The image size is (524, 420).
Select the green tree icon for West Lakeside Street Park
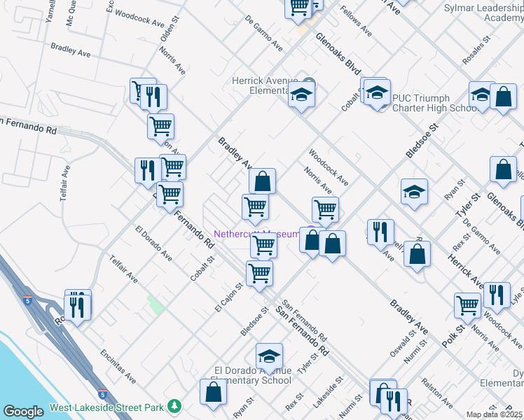[174, 406]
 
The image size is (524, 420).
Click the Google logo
[23, 412]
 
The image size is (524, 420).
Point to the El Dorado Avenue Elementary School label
[252, 375]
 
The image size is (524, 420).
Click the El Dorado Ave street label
[153, 243]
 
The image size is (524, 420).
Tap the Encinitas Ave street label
[118, 366]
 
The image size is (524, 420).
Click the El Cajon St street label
[229, 297]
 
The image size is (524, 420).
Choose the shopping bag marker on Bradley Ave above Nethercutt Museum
[262, 181]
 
